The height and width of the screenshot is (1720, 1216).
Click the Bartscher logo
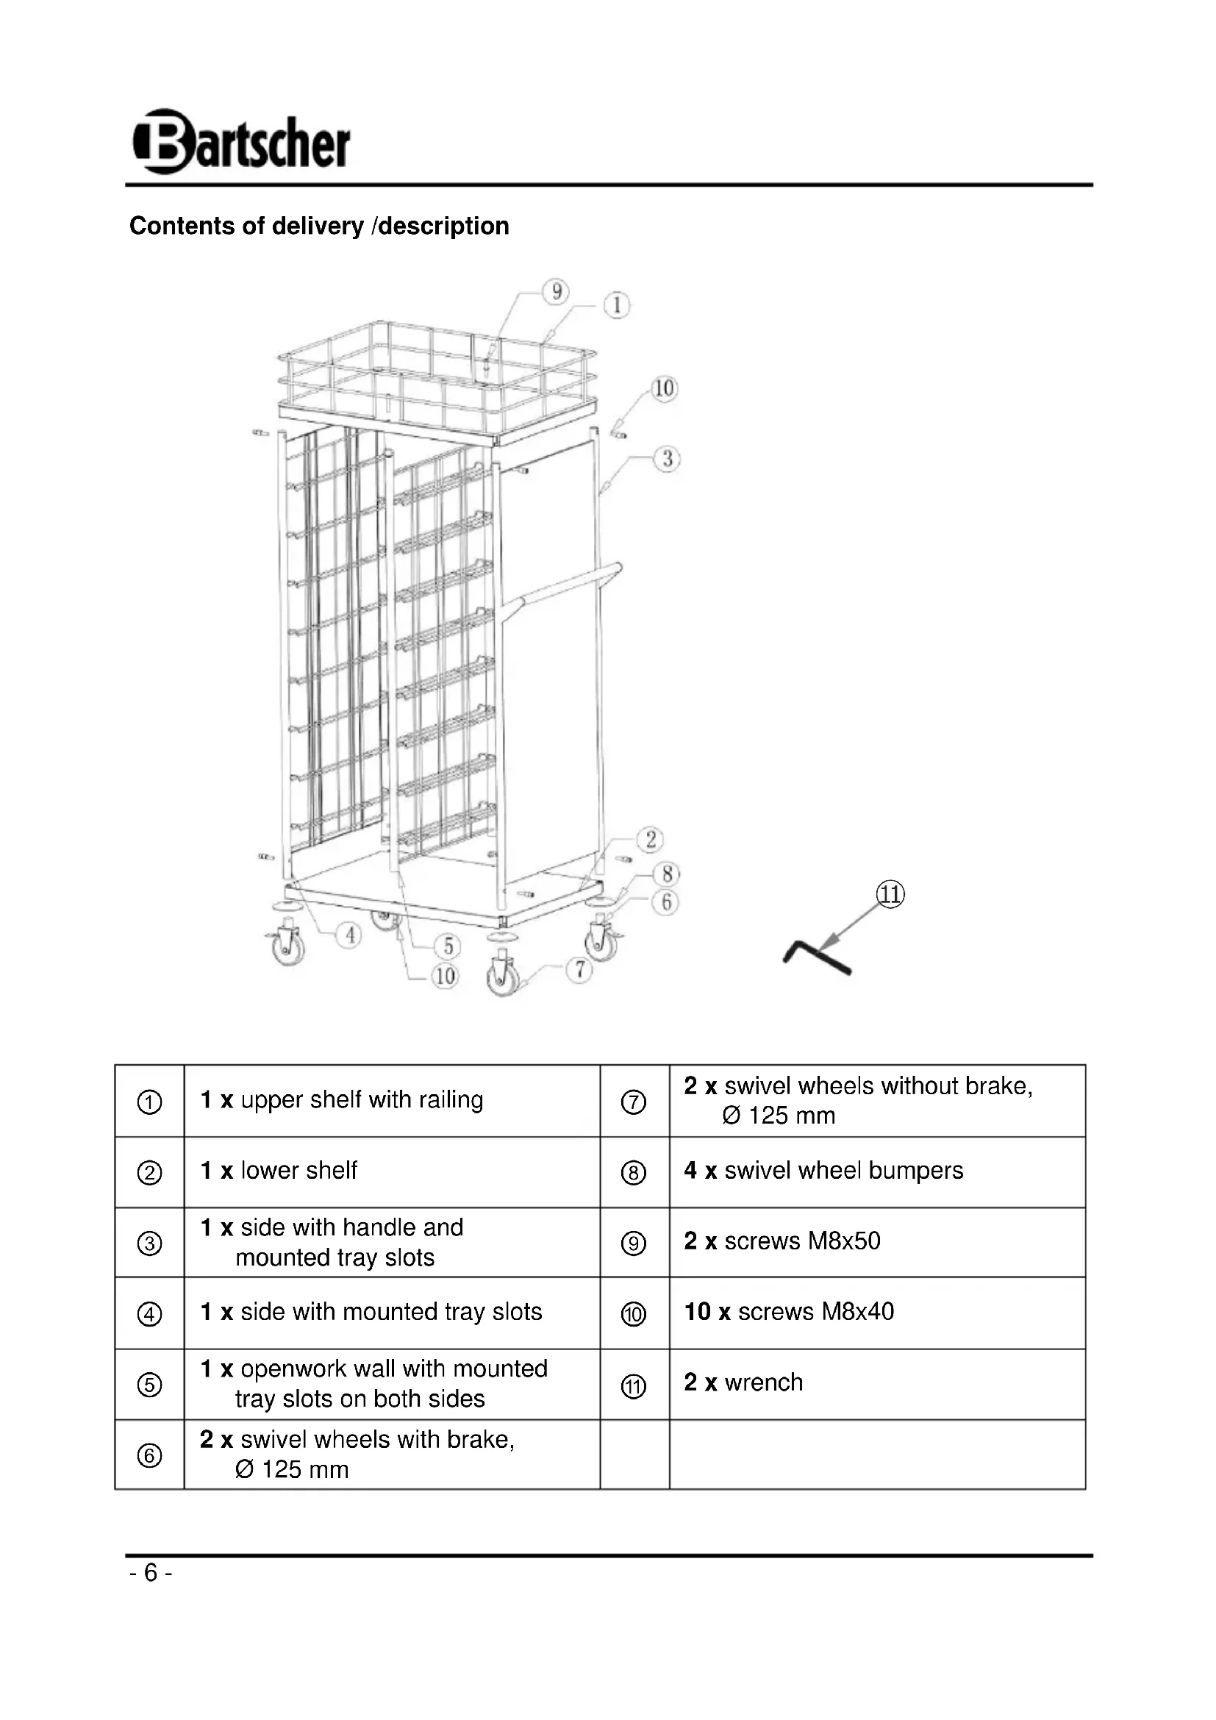click(x=241, y=143)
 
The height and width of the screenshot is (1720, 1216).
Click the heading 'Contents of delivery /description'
click(x=319, y=226)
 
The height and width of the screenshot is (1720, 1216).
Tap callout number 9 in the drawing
click(x=557, y=291)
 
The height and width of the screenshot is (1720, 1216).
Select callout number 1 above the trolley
click(x=617, y=305)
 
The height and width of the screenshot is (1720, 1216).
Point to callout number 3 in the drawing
click(x=666, y=458)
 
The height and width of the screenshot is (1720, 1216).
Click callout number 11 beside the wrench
click(x=890, y=894)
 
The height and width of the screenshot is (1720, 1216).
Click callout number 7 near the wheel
click(x=579, y=969)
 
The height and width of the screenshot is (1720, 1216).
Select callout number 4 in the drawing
click(x=349, y=935)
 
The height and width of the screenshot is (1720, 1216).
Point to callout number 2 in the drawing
click(x=650, y=839)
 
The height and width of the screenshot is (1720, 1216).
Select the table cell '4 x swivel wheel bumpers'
click(x=823, y=1170)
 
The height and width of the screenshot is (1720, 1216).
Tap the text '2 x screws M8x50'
click(x=782, y=1241)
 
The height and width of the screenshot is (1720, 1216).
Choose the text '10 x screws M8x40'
click(x=789, y=1311)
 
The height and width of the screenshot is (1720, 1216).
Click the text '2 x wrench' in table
click(x=743, y=1382)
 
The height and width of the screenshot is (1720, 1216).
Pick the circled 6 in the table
click(x=150, y=1455)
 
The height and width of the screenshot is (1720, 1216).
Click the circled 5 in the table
click(x=150, y=1385)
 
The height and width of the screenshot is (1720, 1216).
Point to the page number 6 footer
click(x=151, y=1572)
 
